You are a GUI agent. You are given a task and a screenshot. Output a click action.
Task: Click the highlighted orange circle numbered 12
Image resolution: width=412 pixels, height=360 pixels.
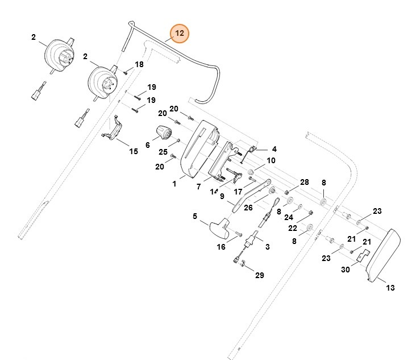(x=180, y=34)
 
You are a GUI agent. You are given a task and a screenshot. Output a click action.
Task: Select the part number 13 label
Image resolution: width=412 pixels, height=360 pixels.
(x=390, y=288)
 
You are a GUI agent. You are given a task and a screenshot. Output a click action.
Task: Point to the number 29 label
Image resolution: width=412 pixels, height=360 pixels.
(x=259, y=275)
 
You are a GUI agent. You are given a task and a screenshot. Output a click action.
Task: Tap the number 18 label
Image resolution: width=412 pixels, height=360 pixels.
(x=139, y=65)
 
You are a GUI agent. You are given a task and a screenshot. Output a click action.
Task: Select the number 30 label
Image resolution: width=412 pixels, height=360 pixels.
(x=344, y=270)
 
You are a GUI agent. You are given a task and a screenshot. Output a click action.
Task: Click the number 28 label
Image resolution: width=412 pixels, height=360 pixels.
(x=305, y=182)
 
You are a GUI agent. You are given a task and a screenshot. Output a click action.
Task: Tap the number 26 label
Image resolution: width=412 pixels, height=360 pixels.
(x=248, y=208)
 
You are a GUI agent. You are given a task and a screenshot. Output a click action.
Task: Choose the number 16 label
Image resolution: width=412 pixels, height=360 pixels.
(x=221, y=247)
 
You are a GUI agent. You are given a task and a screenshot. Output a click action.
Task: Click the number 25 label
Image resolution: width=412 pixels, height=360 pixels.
(x=163, y=152)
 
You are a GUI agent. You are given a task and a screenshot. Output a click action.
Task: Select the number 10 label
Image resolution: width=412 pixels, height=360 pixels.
(x=271, y=161)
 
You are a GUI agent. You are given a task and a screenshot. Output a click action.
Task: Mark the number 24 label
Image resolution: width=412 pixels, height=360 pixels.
(x=289, y=217)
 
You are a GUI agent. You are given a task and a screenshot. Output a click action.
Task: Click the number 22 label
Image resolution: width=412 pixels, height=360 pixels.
(x=292, y=227)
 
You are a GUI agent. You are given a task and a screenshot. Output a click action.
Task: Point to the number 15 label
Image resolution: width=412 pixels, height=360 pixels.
(x=134, y=151)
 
